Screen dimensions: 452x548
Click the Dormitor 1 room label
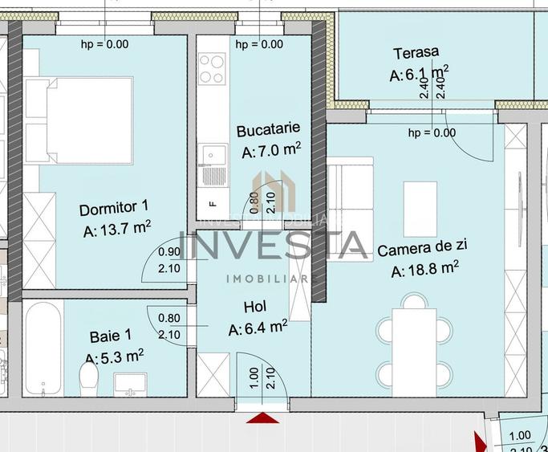(114, 210)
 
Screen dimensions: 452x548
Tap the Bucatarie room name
(268, 128)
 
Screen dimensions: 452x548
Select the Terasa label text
(416, 53)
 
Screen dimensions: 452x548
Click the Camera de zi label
(419, 250)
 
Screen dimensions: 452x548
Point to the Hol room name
(255, 307)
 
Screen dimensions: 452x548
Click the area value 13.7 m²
(117, 230)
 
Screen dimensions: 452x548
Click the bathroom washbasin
(129, 382)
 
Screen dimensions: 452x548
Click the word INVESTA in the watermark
(273, 245)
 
